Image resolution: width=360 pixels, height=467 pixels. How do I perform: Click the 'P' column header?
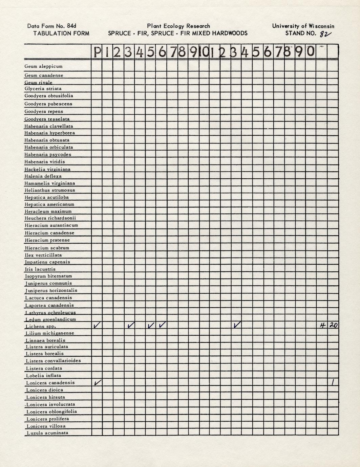(97, 52)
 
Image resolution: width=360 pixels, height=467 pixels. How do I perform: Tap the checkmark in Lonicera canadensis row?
(97, 383)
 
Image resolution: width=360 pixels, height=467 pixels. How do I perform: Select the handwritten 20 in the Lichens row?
(333, 325)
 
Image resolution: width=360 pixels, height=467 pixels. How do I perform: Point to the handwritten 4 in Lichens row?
(322, 325)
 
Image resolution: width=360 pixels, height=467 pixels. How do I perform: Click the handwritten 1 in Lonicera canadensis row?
(333, 382)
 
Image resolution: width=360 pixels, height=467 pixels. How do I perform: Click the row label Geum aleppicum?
(43, 66)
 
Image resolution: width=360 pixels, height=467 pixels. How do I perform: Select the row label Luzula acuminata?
(47, 433)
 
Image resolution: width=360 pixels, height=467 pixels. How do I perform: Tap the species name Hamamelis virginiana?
(50, 183)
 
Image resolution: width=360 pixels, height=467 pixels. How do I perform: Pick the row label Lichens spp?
(40, 327)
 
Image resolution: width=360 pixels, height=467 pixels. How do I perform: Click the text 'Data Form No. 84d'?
(52, 26)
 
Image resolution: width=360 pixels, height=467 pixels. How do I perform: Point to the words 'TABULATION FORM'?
(61, 33)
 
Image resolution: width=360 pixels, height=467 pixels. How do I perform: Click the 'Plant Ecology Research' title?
(178, 26)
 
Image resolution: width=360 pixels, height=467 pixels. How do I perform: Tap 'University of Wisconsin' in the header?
(303, 26)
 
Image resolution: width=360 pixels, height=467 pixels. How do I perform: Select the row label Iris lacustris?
(40, 269)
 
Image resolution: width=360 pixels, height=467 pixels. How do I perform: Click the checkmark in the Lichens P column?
(97, 325)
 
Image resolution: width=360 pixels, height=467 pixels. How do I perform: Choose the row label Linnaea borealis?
(45, 340)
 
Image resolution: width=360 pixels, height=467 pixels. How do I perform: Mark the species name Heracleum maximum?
(48, 211)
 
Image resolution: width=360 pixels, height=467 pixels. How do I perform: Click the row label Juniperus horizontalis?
(51, 290)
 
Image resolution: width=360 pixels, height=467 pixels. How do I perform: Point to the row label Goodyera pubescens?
(48, 104)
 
